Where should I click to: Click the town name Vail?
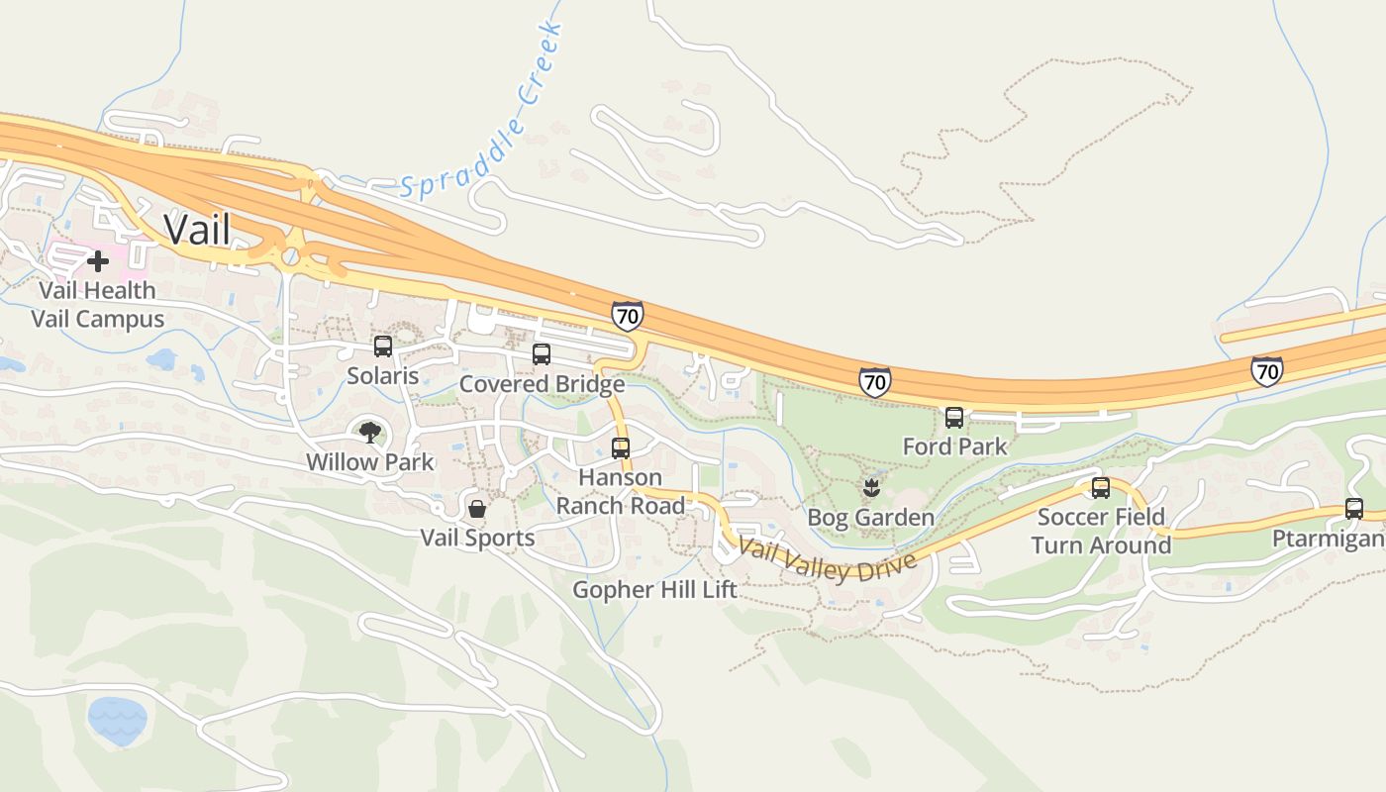(197, 229)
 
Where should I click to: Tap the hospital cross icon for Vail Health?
(98, 261)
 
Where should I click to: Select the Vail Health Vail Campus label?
(97, 305)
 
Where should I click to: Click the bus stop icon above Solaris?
(383, 346)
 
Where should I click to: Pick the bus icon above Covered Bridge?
(542, 354)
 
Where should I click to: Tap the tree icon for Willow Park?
(369, 432)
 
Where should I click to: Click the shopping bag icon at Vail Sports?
(477, 509)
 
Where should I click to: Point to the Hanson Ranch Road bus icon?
(621, 448)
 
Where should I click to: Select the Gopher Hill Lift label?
(655, 590)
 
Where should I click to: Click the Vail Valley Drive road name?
(828, 560)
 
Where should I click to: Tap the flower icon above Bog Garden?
(871, 487)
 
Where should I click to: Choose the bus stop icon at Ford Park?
(954, 418)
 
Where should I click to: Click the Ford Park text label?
(954, 446)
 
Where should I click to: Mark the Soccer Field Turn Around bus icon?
(1101, 488)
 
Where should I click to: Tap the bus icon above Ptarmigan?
(1354, 509)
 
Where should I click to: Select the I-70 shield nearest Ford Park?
(874, 381)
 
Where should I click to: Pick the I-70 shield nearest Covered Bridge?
(627, 316)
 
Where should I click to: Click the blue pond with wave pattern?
(117, 720)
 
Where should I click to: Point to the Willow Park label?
(369, 462)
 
